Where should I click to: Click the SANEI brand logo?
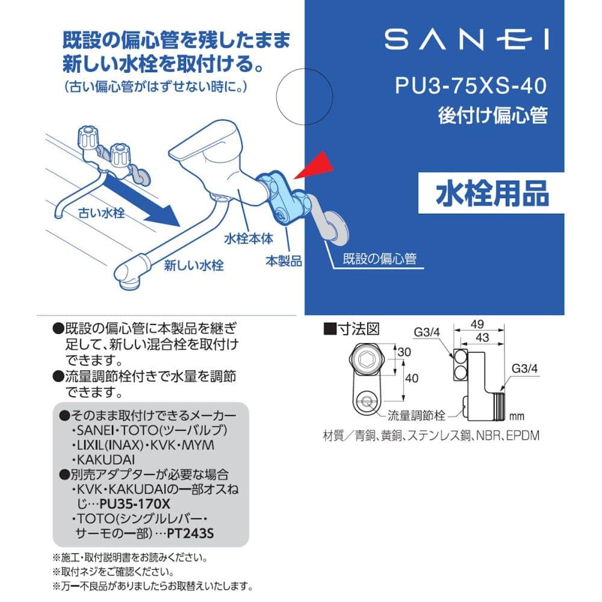pyautogui.click(x=467, y=40)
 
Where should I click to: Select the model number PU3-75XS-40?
pyautogui.click(x=471, y=85)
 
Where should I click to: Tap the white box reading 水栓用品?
pyautogui.click(x=491, y=193)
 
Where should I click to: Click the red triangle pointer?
pyautogui.click(x=315, y=166)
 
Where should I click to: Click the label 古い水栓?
pyautogui.click(x=101, y=213)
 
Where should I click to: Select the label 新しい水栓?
pyautogui.click(x=194, y=265)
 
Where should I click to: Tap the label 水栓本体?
pyautogui.click(x=249, y=239)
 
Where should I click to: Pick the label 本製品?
pyautogui.click(x=284, y=261)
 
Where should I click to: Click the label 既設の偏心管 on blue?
pyautogui.click(x=379, y=259)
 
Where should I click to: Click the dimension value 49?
pyautogui.click(x=477, y=324)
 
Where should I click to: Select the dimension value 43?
pyautogui.click(x=482, y=338)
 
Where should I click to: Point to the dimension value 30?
pyautogui.click(x=404, y=352)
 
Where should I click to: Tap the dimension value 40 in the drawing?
pyautogui.click(x=412, y=378)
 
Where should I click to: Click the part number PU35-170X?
pyautogui.click(x=135, y=504)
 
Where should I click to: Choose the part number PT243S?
pyautogui.click(x=190, y=533)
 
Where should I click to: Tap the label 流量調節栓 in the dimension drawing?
pyautogui.click(x=416, y=415)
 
